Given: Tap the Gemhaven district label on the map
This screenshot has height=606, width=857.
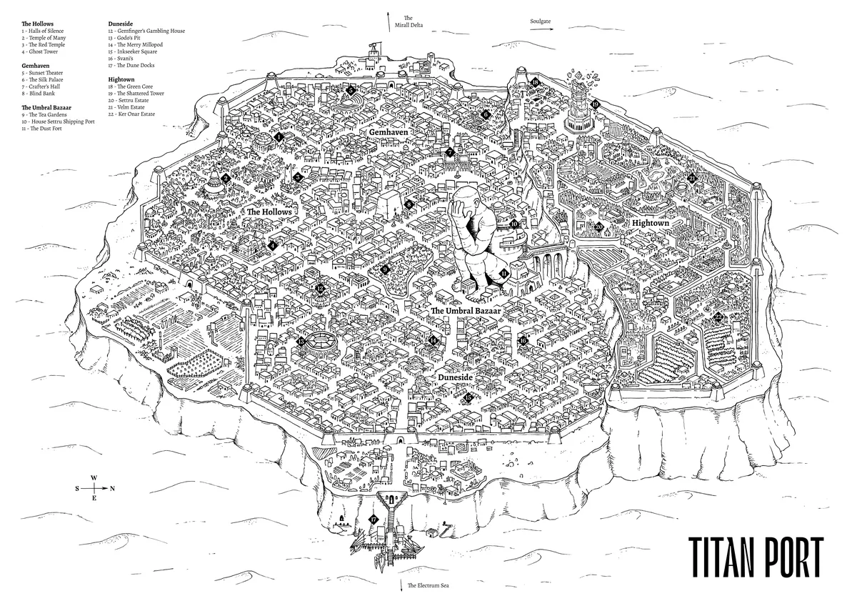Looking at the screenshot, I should point(388,134).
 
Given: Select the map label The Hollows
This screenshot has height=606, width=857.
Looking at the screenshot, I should point(269,212).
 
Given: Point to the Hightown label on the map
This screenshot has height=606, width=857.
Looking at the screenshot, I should point(651,224).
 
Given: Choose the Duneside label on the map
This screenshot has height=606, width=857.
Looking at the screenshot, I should point(458,374).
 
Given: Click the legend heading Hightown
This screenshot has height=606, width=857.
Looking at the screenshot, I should point(121,79).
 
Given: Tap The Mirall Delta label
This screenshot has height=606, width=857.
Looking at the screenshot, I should point(408,22).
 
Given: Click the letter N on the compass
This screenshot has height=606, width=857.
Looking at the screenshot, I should point(112,489).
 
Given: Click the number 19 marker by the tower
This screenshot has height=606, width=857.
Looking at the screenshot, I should point(594,104).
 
